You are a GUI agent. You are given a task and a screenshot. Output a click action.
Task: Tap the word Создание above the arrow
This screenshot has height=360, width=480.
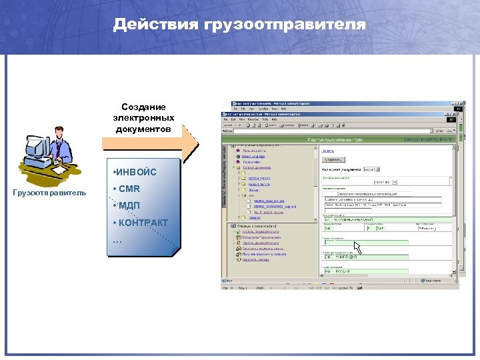click(143, 107)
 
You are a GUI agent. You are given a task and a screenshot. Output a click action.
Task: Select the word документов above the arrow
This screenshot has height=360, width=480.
click(143, 128)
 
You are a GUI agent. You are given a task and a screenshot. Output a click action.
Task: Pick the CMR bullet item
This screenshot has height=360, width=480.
click(129, 189)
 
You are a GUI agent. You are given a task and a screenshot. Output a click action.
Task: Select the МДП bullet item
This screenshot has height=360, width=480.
click(129, 205)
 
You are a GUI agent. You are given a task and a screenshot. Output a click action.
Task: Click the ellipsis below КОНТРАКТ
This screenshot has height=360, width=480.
click(118, 239)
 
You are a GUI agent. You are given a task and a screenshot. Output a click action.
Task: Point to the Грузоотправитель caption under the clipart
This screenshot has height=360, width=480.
click(50, 193)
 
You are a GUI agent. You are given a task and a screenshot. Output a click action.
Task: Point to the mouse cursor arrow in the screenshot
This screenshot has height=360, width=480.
click(357, 247)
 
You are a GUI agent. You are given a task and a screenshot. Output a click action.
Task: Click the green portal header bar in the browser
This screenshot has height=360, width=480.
click(340, 140)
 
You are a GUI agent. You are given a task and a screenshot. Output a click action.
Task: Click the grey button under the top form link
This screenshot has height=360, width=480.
click(333, 160)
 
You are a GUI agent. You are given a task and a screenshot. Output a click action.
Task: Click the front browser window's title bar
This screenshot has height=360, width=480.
click(333, 114)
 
